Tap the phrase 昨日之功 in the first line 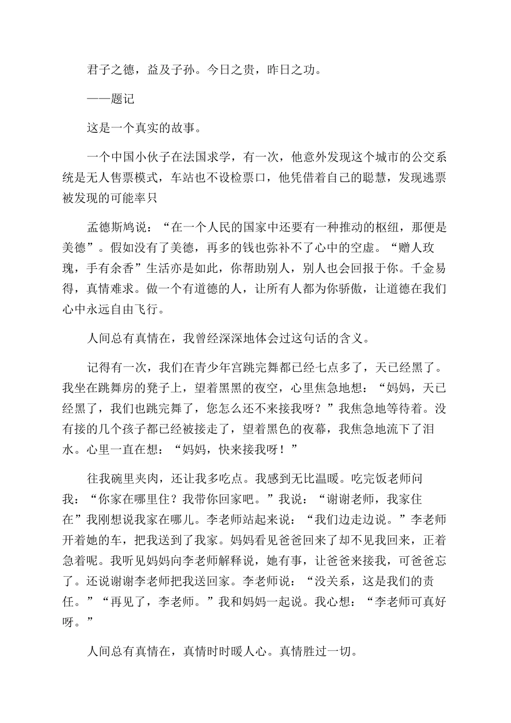[290, 69]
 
